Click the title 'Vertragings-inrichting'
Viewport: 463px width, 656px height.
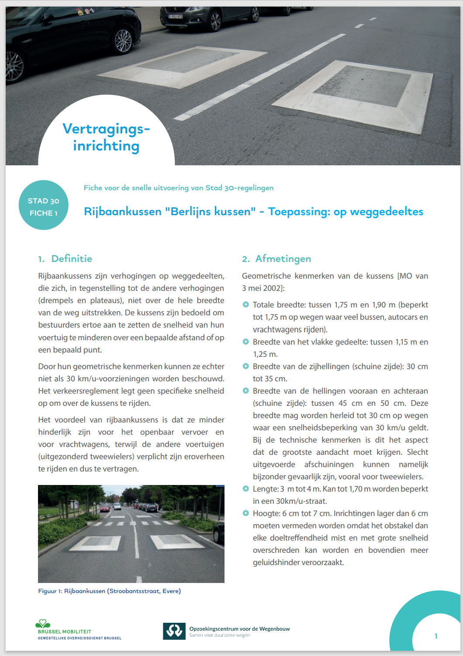pyautogui.click(x=106, y=137)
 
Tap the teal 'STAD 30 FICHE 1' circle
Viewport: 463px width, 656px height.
pyautogui.click(x=44, y=205)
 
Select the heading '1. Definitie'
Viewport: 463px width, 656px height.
pyautogui.click(x=65, y=258)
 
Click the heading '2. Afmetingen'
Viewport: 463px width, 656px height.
pyautogui.click(x=276, y=258)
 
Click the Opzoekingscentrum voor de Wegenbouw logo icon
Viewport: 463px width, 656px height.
pyautogui.click(x=174, y=631)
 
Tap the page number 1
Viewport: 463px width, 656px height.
pyautogui.click(x=435, y=636)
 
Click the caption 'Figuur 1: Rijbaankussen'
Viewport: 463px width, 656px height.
pyautogui.click(x=109, y=591)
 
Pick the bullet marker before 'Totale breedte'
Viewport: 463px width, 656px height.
pyautogui.click(x=245, y=304)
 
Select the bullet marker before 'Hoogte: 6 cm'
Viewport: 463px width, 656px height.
pyautogui.click(x=245, y=513)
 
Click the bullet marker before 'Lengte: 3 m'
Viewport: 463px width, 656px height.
pyautogui.click(x=245, y=489)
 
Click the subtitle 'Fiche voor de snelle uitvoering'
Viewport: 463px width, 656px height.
pyautogui.click(x=178, y=188)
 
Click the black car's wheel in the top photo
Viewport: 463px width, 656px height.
pyautogui.click(x=122, y=40)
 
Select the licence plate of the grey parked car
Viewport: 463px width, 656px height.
pyautogui.click(x=176, y=17)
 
